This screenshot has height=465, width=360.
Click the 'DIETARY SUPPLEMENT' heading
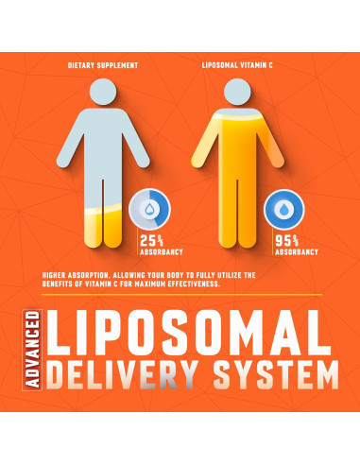pyautogui.click(x=104, y=65)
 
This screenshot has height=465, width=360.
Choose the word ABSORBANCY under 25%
pyautogui.click(x=160, y=253)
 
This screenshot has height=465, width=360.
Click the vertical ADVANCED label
pyautogui.click(x=33, y=351)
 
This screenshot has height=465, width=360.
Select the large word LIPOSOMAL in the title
pyautogui.click(x=190, y=332)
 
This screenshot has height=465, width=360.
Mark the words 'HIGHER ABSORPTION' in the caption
pyautogui.click(x=76, y=275)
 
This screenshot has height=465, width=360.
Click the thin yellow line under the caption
pyautogui.click(x=180, y=294)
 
